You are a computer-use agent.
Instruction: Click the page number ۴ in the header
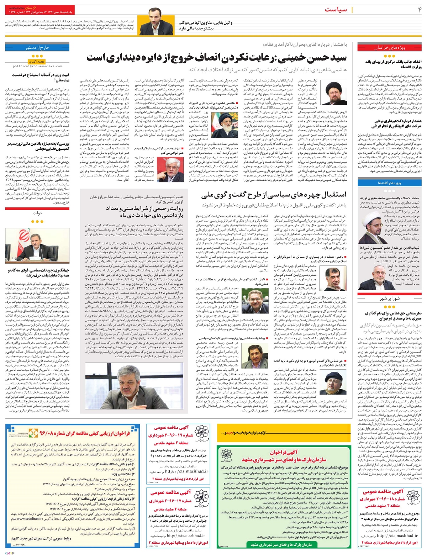(x=420, y=10)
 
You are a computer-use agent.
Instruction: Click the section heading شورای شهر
(x=384, y=298)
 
